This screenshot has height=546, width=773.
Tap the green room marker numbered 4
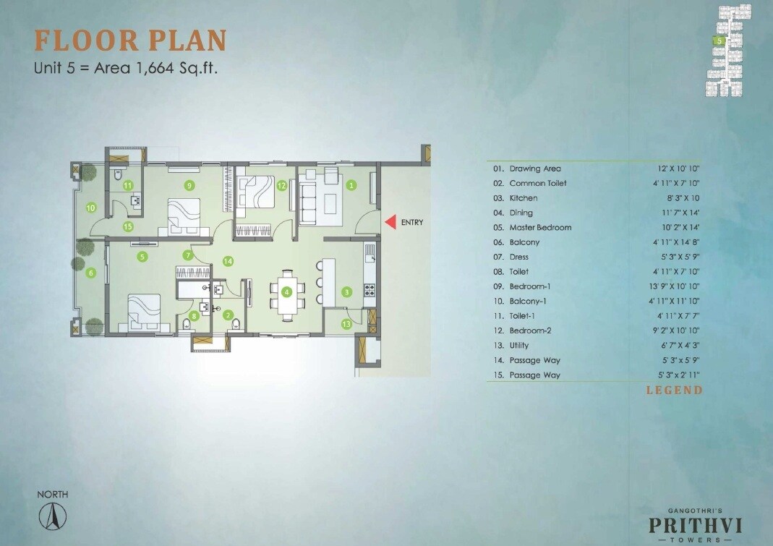287,292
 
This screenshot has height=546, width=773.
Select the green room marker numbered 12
281,185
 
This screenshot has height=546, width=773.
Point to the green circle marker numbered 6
90,273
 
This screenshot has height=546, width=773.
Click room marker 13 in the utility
346,325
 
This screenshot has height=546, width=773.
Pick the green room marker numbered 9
189,185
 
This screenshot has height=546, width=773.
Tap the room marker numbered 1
351,184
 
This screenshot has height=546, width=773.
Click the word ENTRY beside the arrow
411,223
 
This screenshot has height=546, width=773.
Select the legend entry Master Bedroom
540,227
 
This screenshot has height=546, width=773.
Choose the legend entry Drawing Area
535,169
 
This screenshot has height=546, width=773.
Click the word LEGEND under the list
674,390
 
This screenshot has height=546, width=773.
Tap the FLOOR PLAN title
130,40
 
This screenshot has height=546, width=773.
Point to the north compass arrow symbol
53,515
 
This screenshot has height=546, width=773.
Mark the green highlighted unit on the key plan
719,41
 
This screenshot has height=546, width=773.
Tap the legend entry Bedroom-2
531,330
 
